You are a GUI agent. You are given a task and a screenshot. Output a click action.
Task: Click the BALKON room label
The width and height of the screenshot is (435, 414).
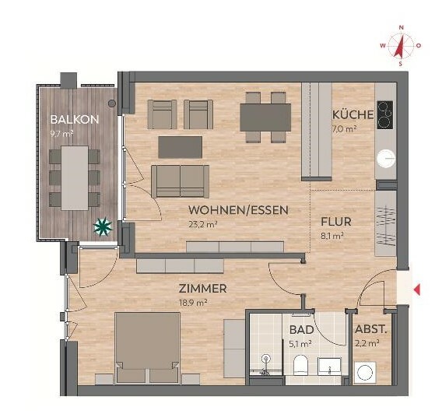coord(75,120)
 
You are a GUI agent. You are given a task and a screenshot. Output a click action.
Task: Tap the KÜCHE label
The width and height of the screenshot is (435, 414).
coord(353,114)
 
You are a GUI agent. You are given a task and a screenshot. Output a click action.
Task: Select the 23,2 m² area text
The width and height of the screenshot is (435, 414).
coord(203,224)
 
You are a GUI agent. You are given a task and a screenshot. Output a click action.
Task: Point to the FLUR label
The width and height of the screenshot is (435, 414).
coord(336,222)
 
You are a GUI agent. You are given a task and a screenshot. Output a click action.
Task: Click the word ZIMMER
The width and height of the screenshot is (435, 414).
coord(203,289)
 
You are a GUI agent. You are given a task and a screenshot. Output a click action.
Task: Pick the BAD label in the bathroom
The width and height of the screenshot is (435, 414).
coord(302,330)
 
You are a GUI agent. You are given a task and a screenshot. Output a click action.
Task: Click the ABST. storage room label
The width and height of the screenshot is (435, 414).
coord(371,329)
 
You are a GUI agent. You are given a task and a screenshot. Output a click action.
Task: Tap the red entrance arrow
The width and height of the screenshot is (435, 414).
coord(417,290)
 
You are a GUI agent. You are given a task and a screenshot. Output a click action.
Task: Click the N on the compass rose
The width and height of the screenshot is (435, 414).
coord(401,27)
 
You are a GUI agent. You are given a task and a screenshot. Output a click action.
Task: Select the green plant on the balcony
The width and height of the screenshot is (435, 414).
coord(103,227)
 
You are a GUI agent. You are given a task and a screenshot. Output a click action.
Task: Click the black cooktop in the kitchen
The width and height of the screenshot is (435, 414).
coord(385,114)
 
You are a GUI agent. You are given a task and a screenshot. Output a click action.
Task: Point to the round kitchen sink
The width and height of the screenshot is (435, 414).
coord(386,158)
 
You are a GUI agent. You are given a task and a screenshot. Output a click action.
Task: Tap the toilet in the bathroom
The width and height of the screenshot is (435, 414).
coord(300,365)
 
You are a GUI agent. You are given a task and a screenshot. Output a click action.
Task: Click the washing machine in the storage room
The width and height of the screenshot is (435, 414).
coord(365,373)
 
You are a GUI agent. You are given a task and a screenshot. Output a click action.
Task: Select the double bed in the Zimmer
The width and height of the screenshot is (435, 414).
coord(147,348)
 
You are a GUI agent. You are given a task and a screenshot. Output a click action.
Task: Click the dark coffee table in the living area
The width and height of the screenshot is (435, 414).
coord(180,147)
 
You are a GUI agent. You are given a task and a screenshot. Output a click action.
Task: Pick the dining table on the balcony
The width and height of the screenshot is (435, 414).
coord(75,178)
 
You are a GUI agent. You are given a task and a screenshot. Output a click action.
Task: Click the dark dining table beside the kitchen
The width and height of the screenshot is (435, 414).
coord(265,118)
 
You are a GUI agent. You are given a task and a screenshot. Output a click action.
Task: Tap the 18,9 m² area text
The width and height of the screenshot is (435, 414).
coord(193,303)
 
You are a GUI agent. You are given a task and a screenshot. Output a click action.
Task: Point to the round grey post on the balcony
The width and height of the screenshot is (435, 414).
coord(112,103)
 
